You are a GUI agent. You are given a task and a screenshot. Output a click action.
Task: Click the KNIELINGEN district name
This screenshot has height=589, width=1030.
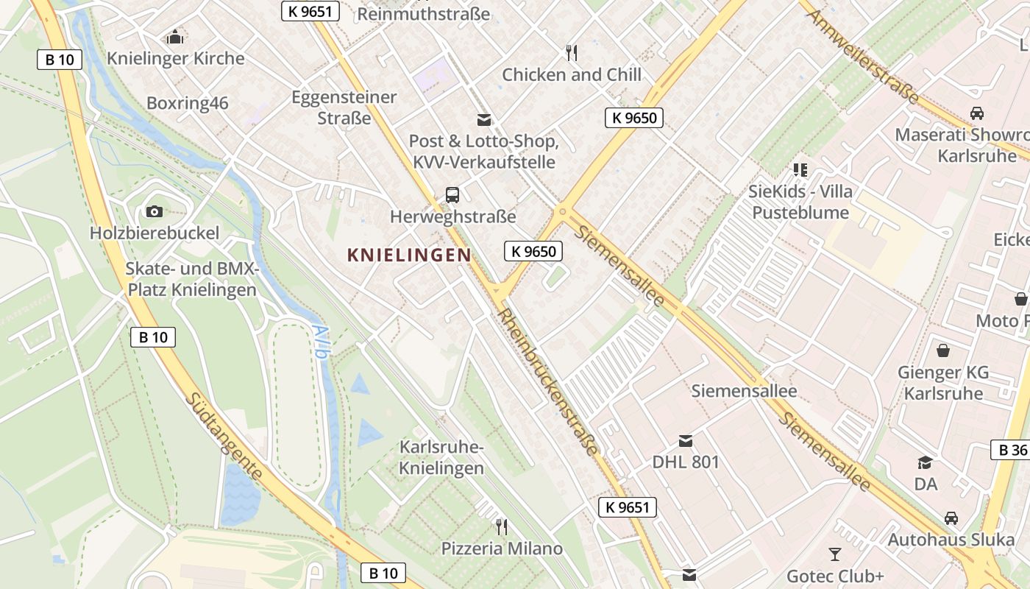tap(409, 255)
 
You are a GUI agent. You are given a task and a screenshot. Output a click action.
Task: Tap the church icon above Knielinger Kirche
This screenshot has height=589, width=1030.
tap(175, 36)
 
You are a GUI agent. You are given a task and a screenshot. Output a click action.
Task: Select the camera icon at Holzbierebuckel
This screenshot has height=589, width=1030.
tap(154, 212)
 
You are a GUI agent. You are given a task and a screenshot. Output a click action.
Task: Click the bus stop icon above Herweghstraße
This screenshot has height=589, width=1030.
tap(452, 195)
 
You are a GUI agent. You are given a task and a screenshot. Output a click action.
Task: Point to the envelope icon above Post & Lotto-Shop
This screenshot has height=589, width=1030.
tap(483, 119)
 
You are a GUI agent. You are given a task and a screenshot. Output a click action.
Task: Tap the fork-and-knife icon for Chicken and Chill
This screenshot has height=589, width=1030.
tap(571, 52)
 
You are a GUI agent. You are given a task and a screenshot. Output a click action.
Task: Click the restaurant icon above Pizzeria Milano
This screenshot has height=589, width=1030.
tap(501, 526)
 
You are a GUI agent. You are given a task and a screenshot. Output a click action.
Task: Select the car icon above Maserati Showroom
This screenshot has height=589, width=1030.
tap(976, 113)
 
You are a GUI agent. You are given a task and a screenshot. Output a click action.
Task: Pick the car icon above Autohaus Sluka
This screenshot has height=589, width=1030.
tap(951, 518)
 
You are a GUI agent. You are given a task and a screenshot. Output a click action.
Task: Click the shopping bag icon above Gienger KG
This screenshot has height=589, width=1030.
tap(942, 350)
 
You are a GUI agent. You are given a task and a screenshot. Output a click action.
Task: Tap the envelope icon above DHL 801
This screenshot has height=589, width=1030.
tap(685, 440)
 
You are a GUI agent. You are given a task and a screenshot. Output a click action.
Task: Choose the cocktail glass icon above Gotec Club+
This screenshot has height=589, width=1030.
tap(834, 554)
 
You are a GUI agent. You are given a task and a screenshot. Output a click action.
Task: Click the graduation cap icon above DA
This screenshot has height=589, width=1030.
tap(925, 462)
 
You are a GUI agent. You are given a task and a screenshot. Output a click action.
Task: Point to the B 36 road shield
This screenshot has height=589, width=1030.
tap(1011, 450)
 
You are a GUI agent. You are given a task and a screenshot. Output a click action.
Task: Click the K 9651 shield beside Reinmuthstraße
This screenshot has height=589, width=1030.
tap(310, 10)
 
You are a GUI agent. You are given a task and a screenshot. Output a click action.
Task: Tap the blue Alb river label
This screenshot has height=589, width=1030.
tap(319, 341)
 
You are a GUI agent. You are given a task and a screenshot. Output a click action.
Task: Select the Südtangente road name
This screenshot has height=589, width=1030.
tap(223, 436)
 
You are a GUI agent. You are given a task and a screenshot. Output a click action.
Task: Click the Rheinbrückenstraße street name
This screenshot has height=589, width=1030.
tap(548, 381)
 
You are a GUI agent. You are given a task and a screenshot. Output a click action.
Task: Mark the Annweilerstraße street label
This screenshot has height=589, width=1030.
tap(864, 55)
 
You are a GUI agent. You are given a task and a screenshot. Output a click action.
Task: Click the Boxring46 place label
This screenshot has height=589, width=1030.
tap(188, 102)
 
